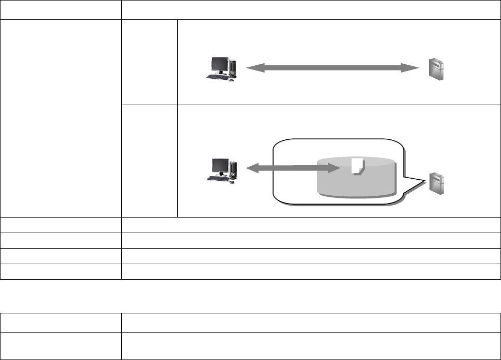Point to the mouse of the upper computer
(x=231, y=80)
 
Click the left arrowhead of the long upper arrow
(x=251, y=67)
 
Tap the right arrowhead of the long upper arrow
(x=413, y=67)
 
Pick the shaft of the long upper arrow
(x=332, y=67)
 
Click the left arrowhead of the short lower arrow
(x=251, y=168)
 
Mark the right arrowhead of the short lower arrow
(x=334, y=168)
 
